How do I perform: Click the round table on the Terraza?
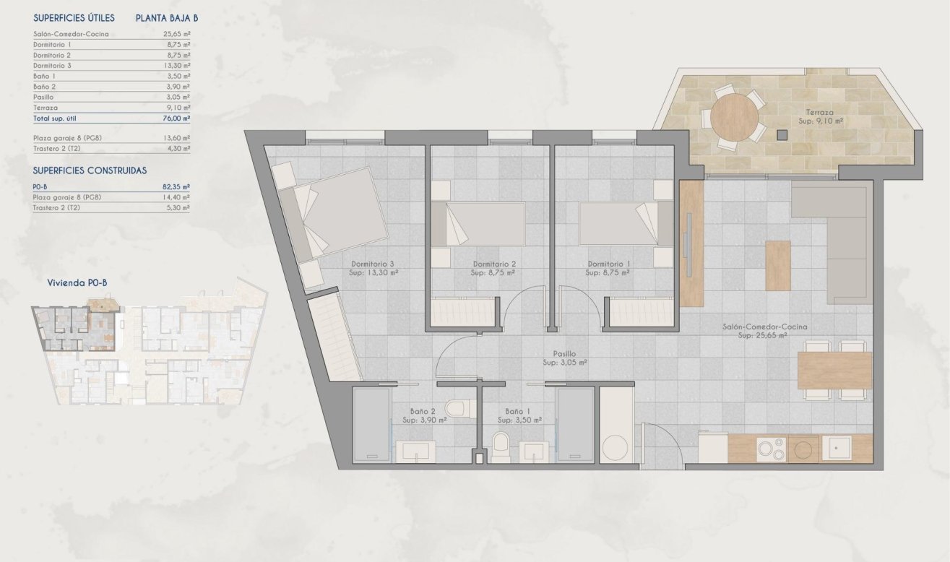734,116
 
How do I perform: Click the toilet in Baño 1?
500,444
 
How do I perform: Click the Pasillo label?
564,354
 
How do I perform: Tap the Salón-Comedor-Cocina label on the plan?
764,327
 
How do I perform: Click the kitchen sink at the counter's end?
840,449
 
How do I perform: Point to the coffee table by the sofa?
778,265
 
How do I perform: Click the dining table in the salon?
834,370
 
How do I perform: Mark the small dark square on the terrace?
782,134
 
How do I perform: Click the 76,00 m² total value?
176,118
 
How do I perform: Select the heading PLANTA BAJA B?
167,19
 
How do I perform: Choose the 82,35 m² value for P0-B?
176,186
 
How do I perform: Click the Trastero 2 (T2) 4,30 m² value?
176,149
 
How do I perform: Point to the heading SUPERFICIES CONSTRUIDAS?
90,170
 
